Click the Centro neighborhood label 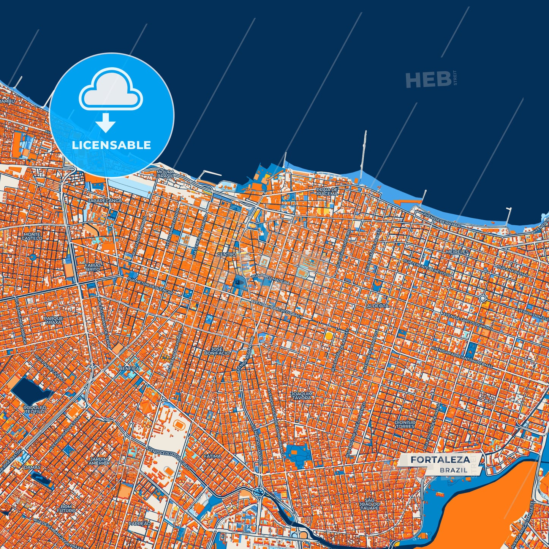[226, 254]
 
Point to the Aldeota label [377, 305]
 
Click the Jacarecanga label [104, 200]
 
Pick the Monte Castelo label [32, 236]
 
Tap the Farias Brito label [93, 267]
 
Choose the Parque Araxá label [54, 320]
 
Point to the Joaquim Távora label [302, 396]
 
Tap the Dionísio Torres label [405, 424]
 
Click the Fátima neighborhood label [212, 456]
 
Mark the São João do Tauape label [369, 505]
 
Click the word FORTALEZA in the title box [440, 460]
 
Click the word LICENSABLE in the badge [111, 145]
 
